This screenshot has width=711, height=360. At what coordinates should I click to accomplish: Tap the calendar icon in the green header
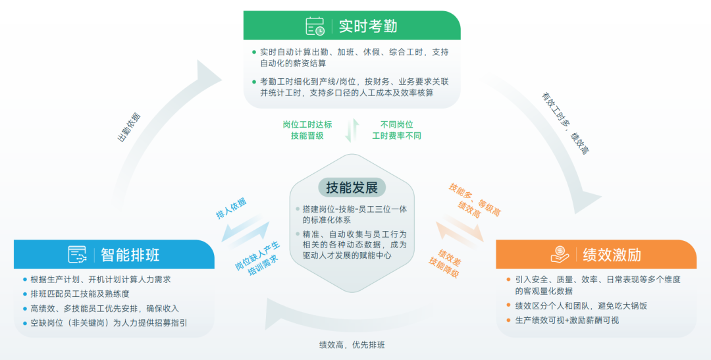315,26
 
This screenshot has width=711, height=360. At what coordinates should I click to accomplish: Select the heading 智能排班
130,255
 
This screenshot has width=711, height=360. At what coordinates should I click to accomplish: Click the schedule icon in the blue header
78,255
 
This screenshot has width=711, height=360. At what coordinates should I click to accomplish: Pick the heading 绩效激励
612,255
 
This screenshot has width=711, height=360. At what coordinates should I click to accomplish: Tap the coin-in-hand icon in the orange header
560,255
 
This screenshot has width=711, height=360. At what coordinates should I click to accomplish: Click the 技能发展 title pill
352,188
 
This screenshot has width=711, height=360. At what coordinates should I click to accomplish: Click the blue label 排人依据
231,208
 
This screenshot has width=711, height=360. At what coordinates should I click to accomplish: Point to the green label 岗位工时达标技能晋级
307,130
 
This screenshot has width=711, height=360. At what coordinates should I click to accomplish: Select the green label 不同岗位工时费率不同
396,130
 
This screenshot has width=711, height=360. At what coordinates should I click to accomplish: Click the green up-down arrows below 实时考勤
352,130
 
